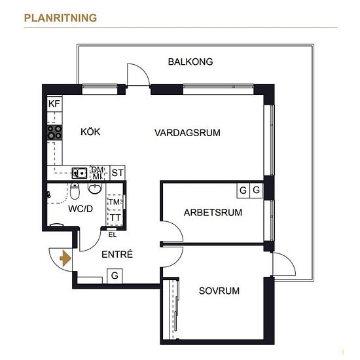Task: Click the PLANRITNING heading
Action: coord(60,18)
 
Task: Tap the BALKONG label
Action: coord(190,62)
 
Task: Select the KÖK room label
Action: coord(90,132)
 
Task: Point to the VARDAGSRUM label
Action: coord(187,133)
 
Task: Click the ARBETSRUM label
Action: coord(213,212)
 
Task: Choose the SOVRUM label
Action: coord(219,291)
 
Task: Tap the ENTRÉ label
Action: coord(117,254)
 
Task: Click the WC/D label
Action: coord(81,209)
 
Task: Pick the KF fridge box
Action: coord(54,103)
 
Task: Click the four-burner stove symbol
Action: coord(54,132)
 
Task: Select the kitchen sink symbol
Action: coord(79,173)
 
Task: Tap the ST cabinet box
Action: coord(118,173)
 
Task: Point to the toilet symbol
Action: coord(75,191)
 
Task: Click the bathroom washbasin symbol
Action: coord(94,189)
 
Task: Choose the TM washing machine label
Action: coord(114,202)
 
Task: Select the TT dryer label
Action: coord(115,217)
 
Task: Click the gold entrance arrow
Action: coord(65,259)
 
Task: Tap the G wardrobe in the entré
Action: coord(115,276)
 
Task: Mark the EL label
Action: coord(113,235)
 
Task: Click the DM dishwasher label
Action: coord(98,170)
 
